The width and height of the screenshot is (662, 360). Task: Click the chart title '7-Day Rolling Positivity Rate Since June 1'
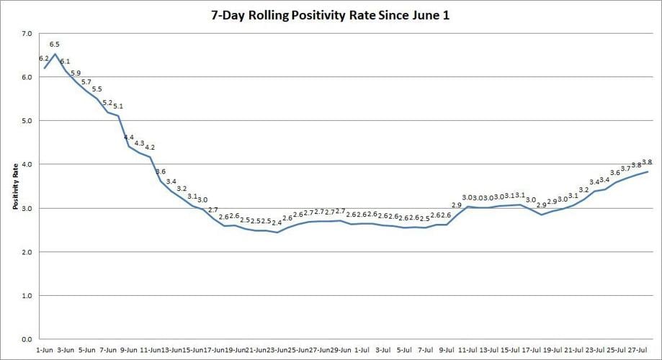coord(331,15)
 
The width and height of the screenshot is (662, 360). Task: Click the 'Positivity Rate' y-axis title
coord(15,186)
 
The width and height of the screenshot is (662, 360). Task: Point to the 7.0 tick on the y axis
coord(27,34)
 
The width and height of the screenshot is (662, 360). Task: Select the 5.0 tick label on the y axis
coord(27,121)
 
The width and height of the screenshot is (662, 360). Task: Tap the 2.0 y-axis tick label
coord(27,252)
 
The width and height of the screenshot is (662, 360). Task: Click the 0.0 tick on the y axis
coord(27,339)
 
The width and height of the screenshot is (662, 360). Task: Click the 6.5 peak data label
coord(55,45)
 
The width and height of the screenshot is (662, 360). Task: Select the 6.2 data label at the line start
coord(44,58)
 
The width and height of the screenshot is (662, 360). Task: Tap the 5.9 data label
coord(76,73)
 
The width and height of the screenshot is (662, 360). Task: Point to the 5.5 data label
coord(97,89)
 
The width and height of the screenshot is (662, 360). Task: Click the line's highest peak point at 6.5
coord(55,54)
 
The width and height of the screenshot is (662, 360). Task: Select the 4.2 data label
coord(150,148)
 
